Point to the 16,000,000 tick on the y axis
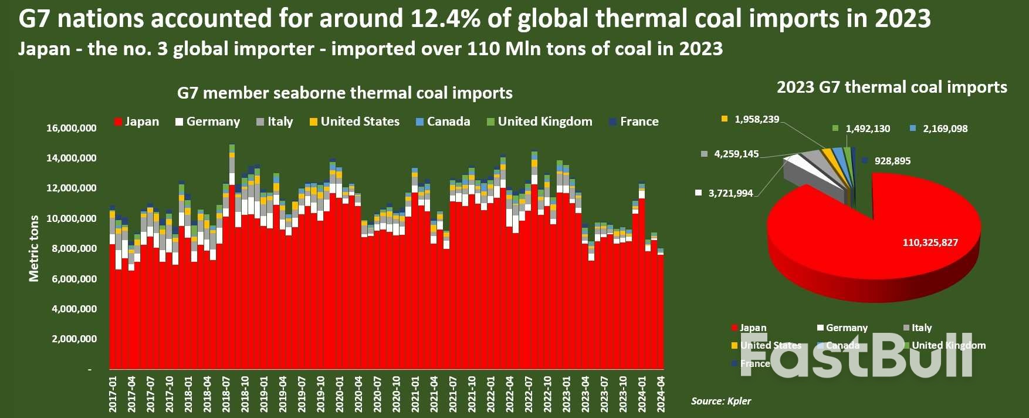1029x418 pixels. [x=72, y=128]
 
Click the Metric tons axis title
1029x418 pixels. [x=34, y=248]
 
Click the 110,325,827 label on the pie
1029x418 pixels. [x=930, y=242]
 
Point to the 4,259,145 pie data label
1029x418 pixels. [x=736, y=154]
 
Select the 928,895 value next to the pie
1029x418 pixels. [x=892, y=161]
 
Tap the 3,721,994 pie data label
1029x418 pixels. [x=730, y=193]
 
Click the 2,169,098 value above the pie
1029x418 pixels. [x=945, y=129]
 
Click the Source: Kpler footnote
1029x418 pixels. [x=720, y=401]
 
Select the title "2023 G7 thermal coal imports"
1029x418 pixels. [x=892, y=87]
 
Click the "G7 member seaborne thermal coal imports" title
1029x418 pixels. [x=345, y=93]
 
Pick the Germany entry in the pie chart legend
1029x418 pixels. [x=846, y=328]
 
